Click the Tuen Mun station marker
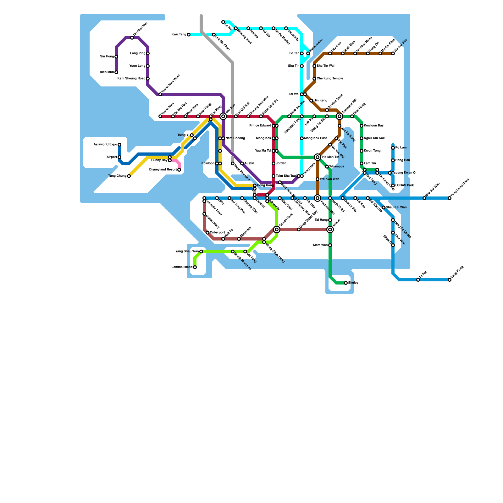pos(116,72)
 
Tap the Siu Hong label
pos(107,57)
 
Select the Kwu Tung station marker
pos(189,35)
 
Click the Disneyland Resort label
pos(163,170)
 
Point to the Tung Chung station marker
pos(129,176)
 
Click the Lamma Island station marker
pos(195,267)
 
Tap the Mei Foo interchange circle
pos(223,116)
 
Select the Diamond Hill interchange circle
pos(340,116)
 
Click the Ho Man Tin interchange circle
pos(318,157)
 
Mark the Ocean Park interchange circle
pos(277,229)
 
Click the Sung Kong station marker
pos(450,280)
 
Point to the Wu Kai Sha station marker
pos(393,53)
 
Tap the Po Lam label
pos(401,148)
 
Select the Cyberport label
pos(218,233)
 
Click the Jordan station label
pos(281,163)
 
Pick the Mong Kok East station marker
pos(302,138)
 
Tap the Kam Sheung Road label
pos(131,79)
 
